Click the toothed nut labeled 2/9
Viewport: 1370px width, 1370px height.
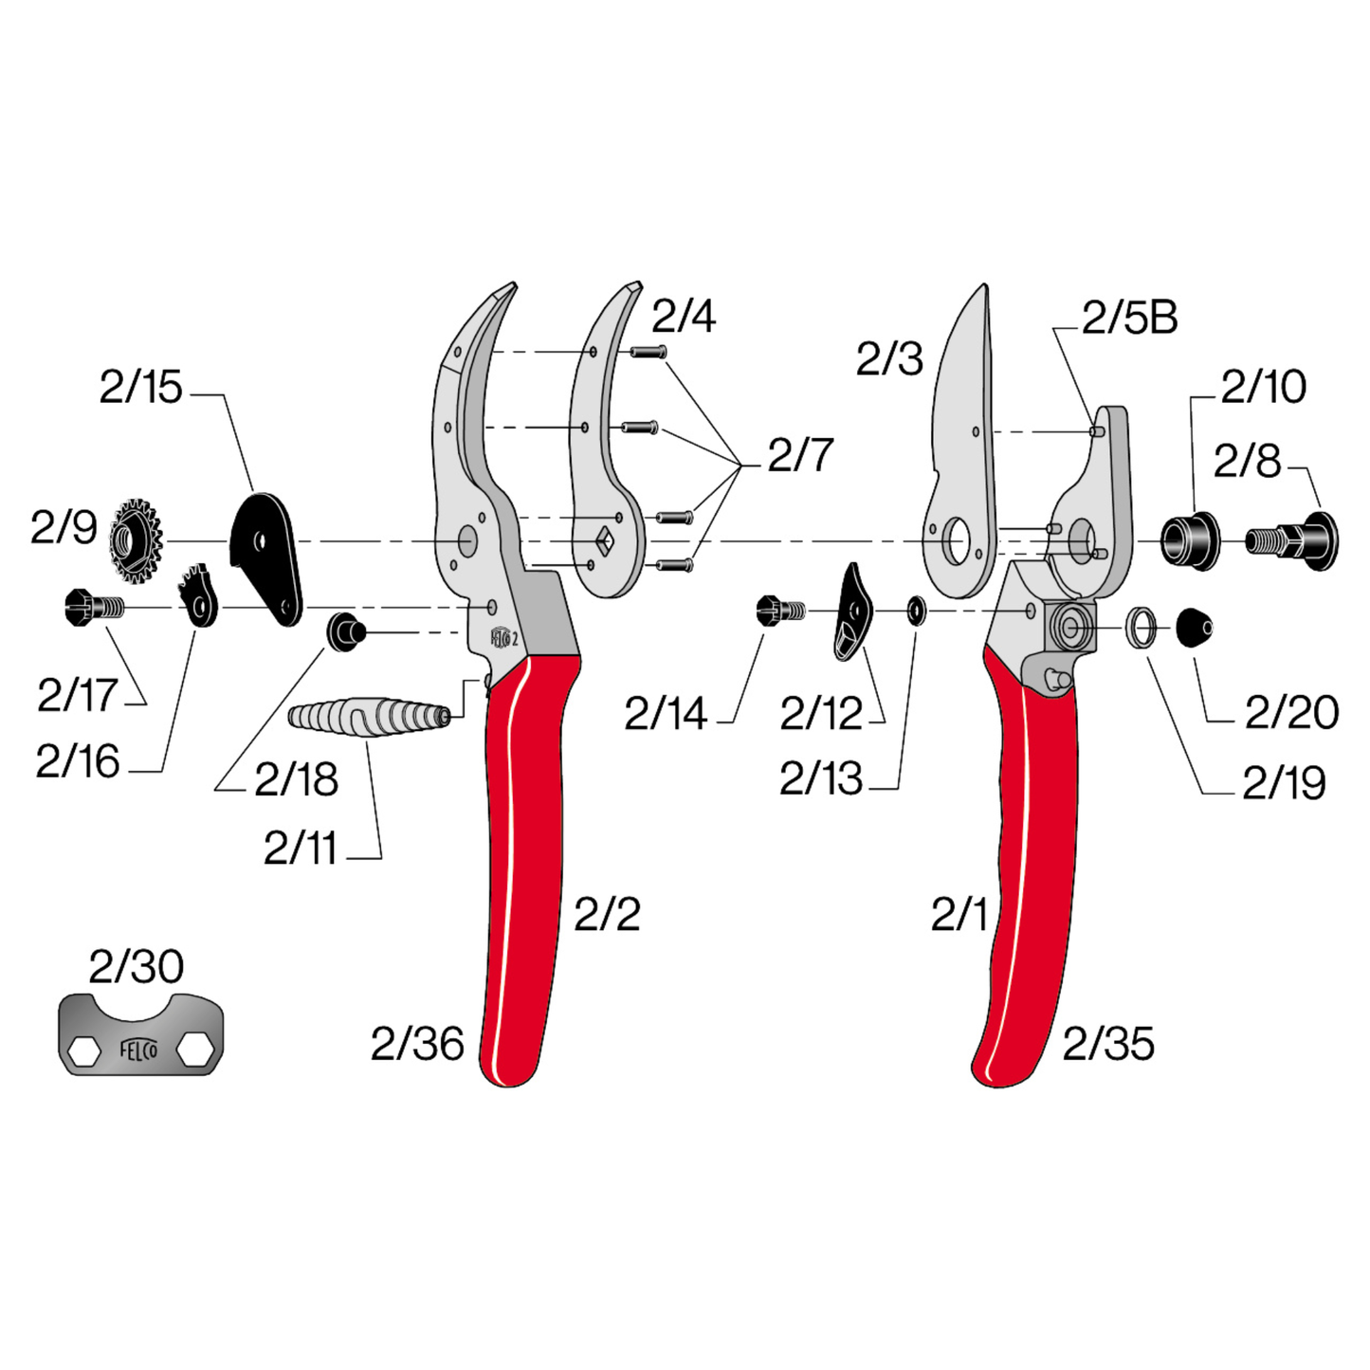(x=136, y=539)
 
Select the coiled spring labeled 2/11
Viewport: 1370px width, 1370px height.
(x=368, y=716)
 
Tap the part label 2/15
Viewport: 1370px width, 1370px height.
(x=140, y=387)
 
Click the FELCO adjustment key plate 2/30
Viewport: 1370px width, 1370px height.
(x=140, y=1034)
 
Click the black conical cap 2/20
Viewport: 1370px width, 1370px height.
(x=1193, y=627)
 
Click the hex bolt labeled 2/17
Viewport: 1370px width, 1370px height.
(x=93, y=607)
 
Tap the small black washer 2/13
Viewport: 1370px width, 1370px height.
(x=916, y=611)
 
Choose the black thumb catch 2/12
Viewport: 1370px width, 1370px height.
(x=854, y=612)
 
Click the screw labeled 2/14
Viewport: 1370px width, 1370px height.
(x=781, y=610)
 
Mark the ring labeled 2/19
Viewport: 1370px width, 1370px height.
(x=1141, y=627)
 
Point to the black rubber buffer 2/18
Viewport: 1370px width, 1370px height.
(x=346, y=631)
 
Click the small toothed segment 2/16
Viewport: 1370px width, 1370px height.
(x=200, y=596)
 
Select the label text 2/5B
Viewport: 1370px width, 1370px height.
(x=1129, y=319)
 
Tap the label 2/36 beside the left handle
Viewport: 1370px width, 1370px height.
(x=417, y=1044)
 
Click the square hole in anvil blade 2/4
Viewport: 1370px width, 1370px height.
(x=603, y=540)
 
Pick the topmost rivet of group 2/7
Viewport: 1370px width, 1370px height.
(x=648, y=353)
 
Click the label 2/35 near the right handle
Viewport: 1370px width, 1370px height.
(x=1108, y=1044)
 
